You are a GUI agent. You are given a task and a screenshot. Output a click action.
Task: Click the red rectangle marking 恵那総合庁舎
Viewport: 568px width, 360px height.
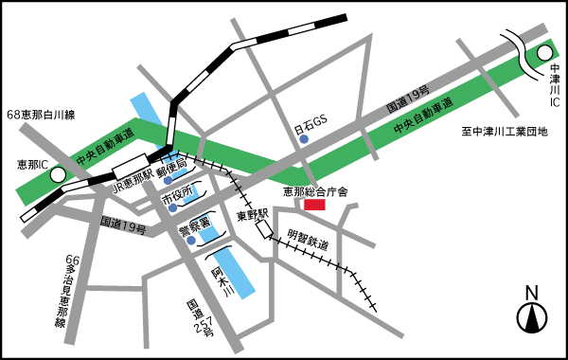314,204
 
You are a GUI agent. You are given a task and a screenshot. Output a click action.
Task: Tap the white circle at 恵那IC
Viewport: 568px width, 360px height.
58,174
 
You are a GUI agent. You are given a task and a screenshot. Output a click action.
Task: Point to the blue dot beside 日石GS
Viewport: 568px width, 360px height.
304,140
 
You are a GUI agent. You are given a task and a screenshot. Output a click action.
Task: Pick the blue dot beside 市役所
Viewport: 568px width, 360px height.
168,202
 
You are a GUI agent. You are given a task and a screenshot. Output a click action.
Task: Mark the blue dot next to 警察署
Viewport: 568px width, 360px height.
191,240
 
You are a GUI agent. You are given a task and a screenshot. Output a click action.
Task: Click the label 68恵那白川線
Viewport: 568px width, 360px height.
41,115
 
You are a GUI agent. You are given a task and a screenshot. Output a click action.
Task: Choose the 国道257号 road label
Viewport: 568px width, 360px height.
200,319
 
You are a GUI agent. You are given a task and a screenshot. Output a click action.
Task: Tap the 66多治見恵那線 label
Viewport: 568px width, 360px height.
65,290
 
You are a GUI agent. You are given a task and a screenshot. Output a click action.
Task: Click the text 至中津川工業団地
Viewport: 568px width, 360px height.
505,132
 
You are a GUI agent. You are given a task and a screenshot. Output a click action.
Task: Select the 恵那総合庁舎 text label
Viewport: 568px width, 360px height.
316,191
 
